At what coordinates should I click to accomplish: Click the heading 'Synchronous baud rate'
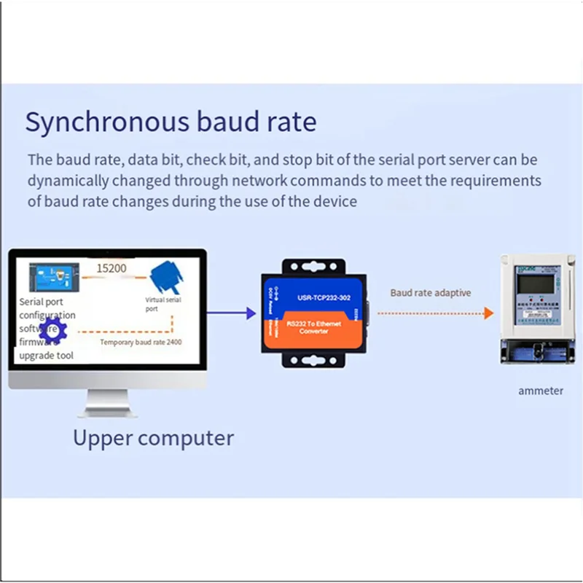pos(171,121)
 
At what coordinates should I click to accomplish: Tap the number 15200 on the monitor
pos(111,268)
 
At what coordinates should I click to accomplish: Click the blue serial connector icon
pos(164,278)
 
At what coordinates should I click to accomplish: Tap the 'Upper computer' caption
pos(153,438)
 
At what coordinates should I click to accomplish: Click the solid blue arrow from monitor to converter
pos(232,313)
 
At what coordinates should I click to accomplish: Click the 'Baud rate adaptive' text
pos(430,292)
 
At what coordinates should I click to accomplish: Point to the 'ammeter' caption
pos(541,391)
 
